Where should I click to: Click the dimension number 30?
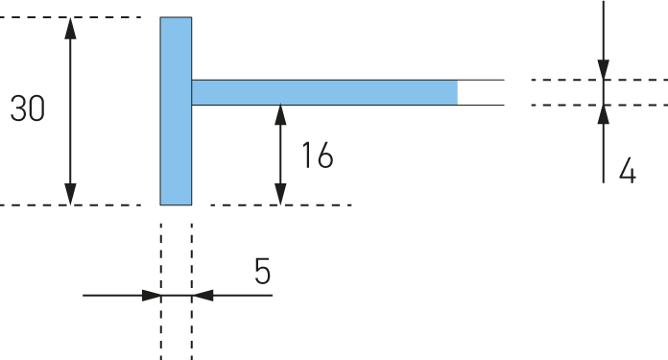pyautogui.click(x=27, y=108)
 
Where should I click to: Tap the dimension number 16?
pyautogui.click(x=318, y=156)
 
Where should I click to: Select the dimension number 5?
pyautogui.click(x=262, y=271)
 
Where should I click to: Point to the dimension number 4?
pyautogui.click(x=628, y=171)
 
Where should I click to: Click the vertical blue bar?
pyautogui.click(x=176, y=111)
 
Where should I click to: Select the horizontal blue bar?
pyautogui.click(x=324, y=92)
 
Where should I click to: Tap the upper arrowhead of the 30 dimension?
pyautogui.click(x=70, y=28)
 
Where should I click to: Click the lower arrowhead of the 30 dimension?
pyautogui.click(x=70, y=194)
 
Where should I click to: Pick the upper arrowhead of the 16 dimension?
pyautogui.click(x=280, y=115)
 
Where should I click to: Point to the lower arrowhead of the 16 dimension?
pyautogui.click(x=280, y=194)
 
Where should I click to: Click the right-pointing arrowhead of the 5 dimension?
pyautogui.click(x=152, y=296)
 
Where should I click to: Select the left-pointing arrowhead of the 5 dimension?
pyautogui.click(x=203, y=296)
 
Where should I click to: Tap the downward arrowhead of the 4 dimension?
pyautogui.click(x=604, y=69)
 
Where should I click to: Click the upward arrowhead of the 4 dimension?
pyautogui.click(x=604, y=115)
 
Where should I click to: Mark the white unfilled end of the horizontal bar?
pyautogui.click(x=481, y=92)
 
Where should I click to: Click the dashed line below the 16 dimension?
pyautogui.click(x=281, y=205)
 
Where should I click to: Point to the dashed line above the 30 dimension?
pyautogui.click(x=71, y=17)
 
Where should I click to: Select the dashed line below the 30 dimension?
pyautogui.click(x=71, y=205)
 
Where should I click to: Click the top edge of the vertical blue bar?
pyautogui.click(x=176, y=17)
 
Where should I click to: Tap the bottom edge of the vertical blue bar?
pyautogui.click(x=176, y=204)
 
